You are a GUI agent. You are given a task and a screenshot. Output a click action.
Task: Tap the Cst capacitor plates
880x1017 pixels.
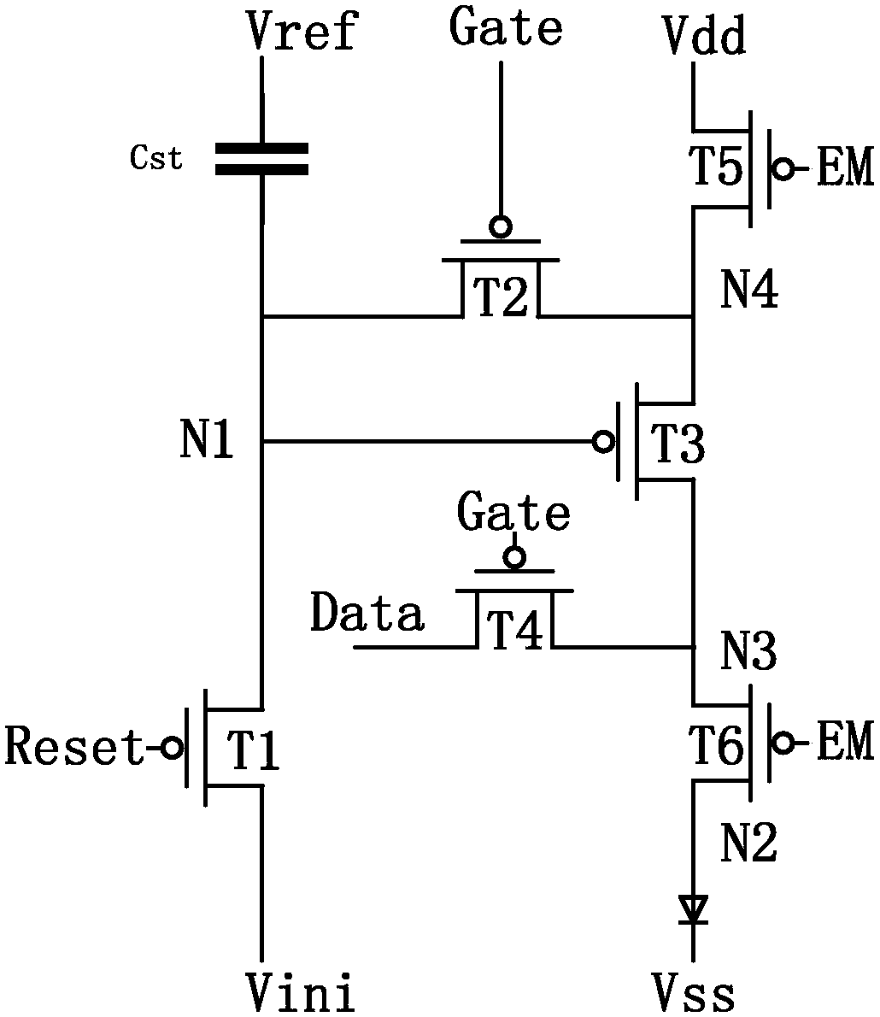pos(261,159)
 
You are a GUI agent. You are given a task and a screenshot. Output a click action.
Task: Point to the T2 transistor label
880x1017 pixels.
pos(501,297)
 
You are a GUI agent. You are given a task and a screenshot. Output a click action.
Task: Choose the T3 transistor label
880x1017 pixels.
pos(677,444)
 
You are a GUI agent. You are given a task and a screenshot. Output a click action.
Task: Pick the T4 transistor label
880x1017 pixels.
pos(515,629)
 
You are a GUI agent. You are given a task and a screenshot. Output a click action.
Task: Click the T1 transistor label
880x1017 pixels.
pos(252,750)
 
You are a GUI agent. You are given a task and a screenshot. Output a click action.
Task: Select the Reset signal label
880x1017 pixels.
pos(74,746)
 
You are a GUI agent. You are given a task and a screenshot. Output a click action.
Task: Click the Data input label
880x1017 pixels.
pos(367,613)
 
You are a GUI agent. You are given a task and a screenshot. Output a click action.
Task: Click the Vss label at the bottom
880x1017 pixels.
pos(694,994)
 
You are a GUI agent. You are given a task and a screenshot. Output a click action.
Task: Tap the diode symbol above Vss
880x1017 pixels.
pos(693,908)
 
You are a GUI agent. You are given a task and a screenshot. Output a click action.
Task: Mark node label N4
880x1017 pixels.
pos(749,289)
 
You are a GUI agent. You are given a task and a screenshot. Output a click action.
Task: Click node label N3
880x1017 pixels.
pos(748,651)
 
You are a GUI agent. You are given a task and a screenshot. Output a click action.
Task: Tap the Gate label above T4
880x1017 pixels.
pos(513,513)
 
